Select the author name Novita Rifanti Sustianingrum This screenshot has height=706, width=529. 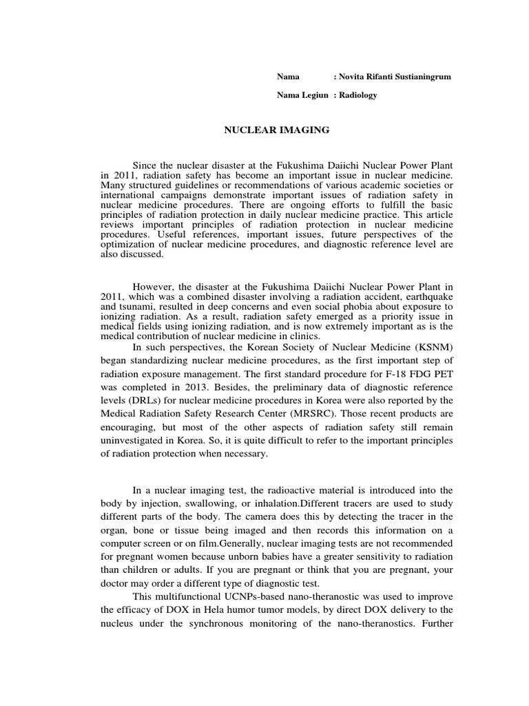tap(392, 77)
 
